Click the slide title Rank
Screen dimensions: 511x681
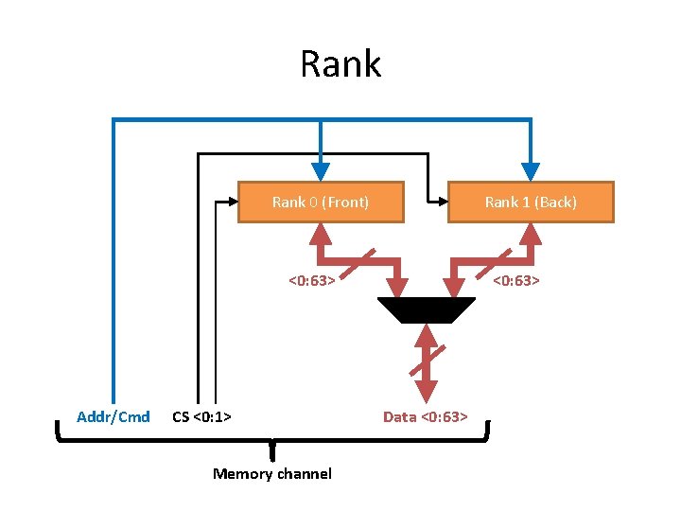tap(340, 64)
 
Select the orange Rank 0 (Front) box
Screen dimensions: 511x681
tap(321, 202)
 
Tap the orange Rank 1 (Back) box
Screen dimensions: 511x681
tap(531, 202)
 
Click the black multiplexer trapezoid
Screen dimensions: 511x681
tap(426, 309)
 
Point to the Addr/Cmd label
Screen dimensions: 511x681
tap(113, 416)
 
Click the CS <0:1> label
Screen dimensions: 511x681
tap(204, 416)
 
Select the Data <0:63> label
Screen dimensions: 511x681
tap(425, 416)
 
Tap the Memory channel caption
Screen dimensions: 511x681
tap(272, 473)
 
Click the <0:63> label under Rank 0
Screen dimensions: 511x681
tap(312, 279)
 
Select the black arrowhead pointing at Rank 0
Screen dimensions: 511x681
tap(229, 202)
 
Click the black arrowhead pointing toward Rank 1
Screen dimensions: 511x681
tap(439, 202)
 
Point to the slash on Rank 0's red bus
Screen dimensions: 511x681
tap(362, 259)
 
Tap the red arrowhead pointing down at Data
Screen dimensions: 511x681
tap(426, 390)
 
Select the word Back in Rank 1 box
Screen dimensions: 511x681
tap(556, 202)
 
